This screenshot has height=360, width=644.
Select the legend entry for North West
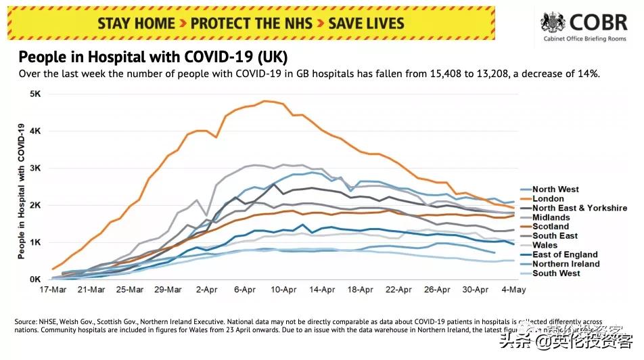555,189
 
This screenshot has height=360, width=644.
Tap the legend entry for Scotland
551,227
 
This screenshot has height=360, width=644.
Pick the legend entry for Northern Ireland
565,264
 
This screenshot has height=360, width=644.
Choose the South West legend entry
556,273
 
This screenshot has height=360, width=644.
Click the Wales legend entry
545,246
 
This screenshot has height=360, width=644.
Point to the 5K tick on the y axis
34,93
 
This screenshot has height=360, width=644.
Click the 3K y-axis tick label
34,168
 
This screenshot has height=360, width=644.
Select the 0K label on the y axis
34,279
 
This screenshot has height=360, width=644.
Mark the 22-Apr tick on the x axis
399,290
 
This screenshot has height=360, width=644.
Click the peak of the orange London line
264,101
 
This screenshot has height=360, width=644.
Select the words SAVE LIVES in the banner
366,24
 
